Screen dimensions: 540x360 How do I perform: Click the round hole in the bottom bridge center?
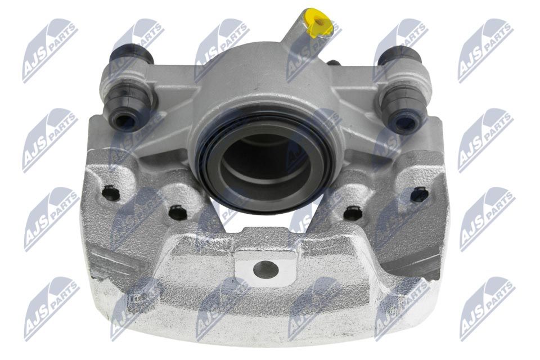(x=265, y=269)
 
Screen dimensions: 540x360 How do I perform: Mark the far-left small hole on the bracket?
(x=111, y=193)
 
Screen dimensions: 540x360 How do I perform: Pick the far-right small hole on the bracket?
(x=420, y=195)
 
